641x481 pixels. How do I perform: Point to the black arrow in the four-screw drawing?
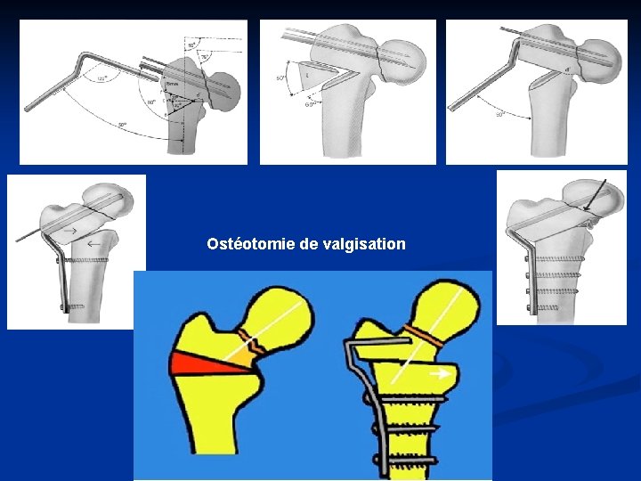[x=595, y=194]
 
